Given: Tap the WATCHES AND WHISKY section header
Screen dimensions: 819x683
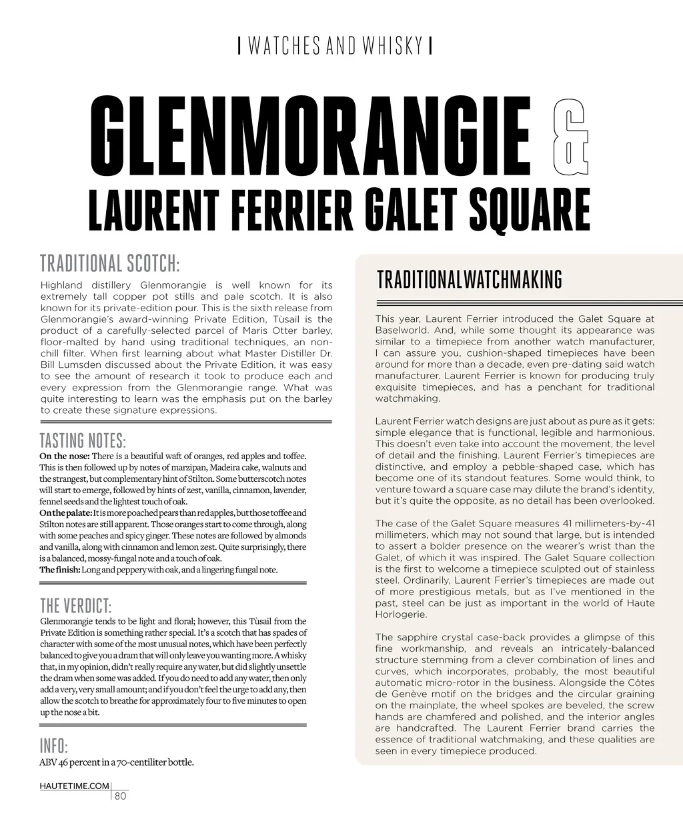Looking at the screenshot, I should click(335, 46).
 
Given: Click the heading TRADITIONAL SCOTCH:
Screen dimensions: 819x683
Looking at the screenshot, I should click(110, 263).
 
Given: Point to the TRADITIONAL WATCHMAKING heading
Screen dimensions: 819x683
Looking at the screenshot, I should click(469, 280).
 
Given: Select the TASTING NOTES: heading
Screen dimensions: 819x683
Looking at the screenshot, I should click(83, 441).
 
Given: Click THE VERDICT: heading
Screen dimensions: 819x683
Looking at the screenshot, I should click(75, 606).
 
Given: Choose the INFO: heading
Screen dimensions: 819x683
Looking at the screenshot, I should click(53, 745).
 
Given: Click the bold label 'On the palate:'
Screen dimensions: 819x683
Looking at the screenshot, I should click(65, 513).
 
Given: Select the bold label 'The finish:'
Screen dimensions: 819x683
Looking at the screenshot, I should click(59, 570).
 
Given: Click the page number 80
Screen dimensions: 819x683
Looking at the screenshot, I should click(121, 796).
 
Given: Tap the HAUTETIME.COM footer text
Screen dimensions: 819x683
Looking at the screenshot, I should click(73, 786).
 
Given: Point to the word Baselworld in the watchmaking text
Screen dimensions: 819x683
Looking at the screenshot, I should click(401, 331).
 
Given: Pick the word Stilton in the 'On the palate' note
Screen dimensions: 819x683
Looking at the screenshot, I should click(54, 524).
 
